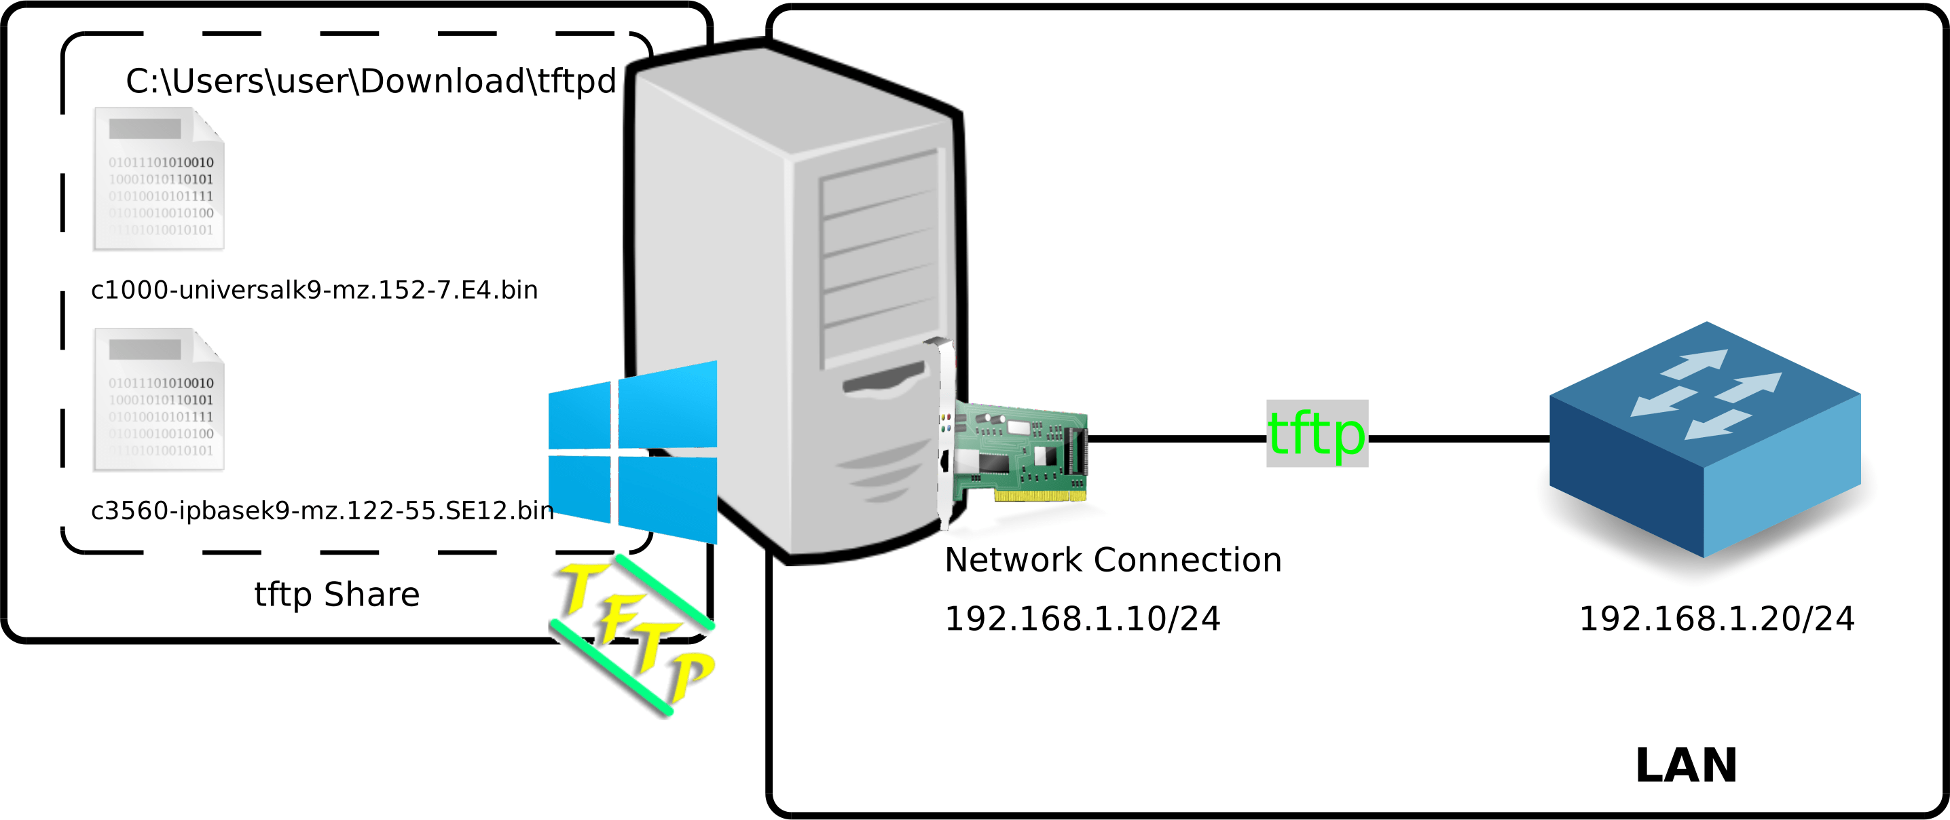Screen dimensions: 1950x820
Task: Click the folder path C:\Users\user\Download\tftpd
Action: (x=371, y=81)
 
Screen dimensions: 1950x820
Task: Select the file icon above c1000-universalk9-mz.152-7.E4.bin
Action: (x=158, y=179)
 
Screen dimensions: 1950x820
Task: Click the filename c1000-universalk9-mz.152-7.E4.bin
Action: (x=314, y=290)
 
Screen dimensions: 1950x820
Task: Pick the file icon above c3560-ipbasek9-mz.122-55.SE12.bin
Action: (x=158, y=400)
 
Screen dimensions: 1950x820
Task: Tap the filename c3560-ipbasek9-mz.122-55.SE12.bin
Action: (x=322, y=511)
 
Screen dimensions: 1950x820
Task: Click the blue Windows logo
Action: (x=632, y=453)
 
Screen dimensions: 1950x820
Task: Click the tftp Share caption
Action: (x=337, y=595)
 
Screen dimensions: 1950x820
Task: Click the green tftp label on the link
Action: (x=1317, y=434)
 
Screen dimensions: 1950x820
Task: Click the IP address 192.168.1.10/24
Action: (x=1082, y=619)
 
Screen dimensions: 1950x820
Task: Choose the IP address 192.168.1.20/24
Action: (x=1716, y=619)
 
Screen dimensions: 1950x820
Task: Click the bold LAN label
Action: (x=1686, y=766)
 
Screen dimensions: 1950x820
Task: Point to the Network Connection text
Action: (x=1113, y=560)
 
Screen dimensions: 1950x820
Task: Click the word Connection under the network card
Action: (x=1188, y=560)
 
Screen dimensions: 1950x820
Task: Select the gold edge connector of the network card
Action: (x=1040, y=496)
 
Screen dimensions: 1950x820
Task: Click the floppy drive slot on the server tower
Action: (x=883, y=378)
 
